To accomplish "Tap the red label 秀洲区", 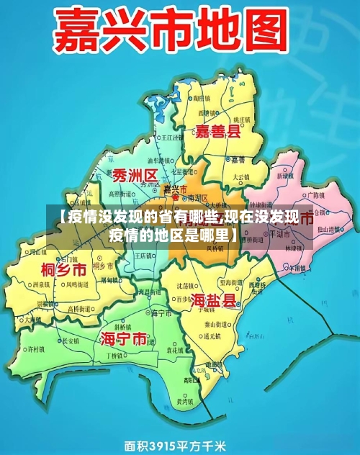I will [x=135, y=176].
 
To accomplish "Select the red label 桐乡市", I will [x=63, y=270].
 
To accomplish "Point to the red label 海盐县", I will [x=214, y=300].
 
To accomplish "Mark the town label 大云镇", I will [x=240, y=176].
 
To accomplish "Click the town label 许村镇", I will [x=35, y=350].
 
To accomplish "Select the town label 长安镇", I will [x=71, y=341].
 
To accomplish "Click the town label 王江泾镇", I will [x=171, y=136].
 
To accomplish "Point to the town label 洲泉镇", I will [x=42, y=284].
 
